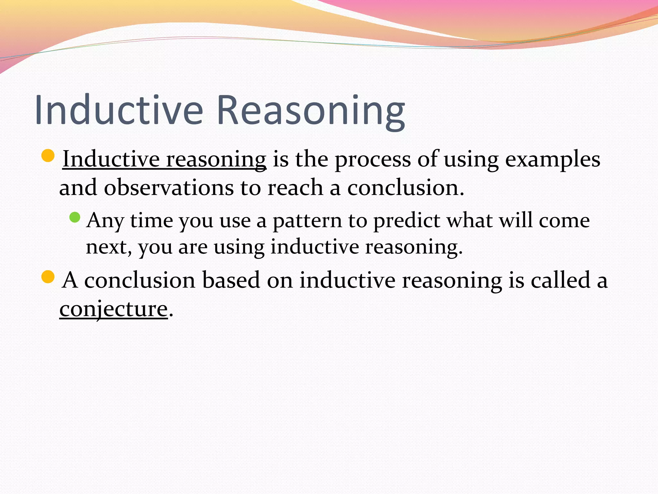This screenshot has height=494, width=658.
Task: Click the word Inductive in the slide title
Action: [x=119, y=110]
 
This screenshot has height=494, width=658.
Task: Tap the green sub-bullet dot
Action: [x=75, y=217]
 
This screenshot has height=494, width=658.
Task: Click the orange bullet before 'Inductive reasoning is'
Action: [x=48, y=156]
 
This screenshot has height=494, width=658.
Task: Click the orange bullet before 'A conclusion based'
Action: [x=48, y=277]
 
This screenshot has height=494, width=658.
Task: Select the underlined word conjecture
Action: [x=114, y=309]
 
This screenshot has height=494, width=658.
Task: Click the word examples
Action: [x=552, y=160]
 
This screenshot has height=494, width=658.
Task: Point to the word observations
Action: [x=169, y=188]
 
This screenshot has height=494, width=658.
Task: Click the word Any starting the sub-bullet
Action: [x=105, y=221]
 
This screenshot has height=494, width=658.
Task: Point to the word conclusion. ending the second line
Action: [x=406, y=188]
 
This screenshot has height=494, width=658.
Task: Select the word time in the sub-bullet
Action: [x=151, y=221]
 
